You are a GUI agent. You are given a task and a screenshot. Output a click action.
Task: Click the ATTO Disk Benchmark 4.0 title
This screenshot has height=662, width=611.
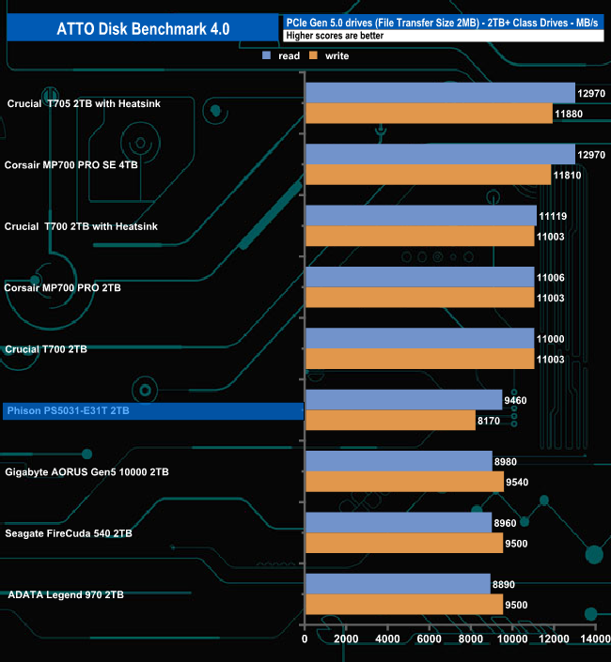[140, 27]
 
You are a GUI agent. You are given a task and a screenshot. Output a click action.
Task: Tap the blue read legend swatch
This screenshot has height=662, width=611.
[267, 55]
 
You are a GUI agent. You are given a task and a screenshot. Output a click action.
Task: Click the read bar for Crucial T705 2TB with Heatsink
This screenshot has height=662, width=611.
[439, 92]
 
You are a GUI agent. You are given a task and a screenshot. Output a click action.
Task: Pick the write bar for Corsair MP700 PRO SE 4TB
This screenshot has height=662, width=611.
[428, 175]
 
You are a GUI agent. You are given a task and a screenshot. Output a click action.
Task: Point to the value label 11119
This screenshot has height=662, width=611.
[552, 216]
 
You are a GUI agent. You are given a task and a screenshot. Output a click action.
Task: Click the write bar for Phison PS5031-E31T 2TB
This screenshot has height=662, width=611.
[390, 421]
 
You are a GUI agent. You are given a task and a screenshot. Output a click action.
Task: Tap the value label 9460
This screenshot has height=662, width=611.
[516, 400]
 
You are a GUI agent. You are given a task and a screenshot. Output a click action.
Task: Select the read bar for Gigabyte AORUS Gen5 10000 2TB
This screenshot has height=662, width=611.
[399, 461]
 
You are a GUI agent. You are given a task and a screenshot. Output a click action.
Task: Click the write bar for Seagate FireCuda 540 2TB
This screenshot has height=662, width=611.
[403, 543]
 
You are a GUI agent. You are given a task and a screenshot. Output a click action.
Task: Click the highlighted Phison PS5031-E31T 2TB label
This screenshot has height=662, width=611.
[68, 411]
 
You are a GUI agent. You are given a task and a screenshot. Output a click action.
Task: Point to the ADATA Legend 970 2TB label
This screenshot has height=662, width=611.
[66, 594]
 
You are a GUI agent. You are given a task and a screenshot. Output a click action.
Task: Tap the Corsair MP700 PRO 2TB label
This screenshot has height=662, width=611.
[63, 287]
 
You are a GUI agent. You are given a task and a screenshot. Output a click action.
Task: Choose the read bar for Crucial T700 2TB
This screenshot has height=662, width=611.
[419, 338]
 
